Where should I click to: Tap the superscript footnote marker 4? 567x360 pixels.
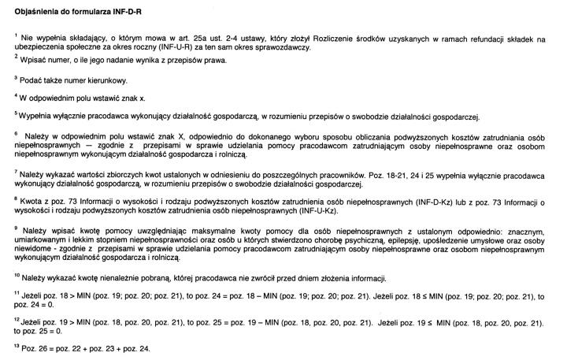(x=16, y=96)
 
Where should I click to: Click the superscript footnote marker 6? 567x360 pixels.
(x=16, y=134)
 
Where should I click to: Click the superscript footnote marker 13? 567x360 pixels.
(x=17, y=345)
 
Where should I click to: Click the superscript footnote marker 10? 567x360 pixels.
(x=17, y=276)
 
